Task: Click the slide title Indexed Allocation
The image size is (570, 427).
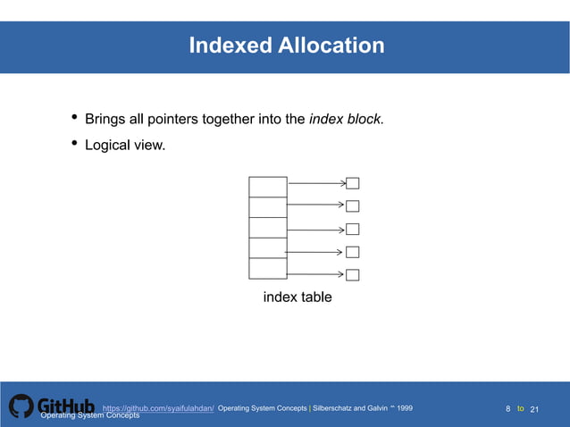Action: click(x=286, y=45)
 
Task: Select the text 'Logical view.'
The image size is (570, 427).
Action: click(x=125, y=145)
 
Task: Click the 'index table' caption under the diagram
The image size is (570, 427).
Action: click(x=297, y=297)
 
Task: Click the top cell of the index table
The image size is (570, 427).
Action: click(x=268, y=187)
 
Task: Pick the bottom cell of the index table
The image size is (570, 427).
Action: click(x=268, y=268)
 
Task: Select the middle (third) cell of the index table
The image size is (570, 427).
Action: click(x=268, y=228)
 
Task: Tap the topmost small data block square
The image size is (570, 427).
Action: click(x=352, y=184)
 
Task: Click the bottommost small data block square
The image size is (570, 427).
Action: click(x=352, y=274)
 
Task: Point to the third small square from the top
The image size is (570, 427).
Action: click(x=352, y=230)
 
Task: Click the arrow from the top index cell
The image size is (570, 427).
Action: click(x=316, y=184)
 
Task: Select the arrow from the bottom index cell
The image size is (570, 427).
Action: click(x=316, y=274)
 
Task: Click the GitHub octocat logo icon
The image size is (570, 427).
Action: click(x=21, y=406)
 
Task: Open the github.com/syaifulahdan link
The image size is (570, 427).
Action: click(x=158, y=408)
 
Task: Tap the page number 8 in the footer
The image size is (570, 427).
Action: click(x=508, y=409)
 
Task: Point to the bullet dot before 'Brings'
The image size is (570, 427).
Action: click(x=74, y=119)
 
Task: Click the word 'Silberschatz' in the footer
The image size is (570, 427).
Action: click(x=337, y=408)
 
